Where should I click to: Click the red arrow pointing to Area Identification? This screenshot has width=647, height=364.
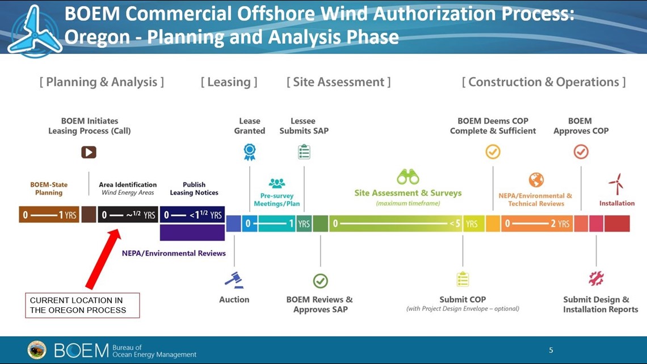point(103,259)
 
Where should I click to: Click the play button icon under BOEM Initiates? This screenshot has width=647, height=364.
point(89,152)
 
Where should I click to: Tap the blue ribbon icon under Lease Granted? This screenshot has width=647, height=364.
point(250,152)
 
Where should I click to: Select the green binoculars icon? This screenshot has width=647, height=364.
point(408,177)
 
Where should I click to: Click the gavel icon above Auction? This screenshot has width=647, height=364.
point(234,280)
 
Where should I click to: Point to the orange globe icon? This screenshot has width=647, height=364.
point(536,180)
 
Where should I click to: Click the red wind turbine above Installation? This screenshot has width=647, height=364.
point(616,183)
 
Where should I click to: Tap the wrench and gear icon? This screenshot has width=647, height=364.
point(596,279)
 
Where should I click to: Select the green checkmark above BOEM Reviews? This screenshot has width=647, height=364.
point(320,281)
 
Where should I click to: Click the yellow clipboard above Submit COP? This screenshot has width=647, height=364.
point(463,279)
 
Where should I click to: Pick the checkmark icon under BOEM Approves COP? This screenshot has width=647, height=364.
point(581,152)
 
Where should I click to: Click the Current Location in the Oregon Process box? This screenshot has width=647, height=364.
point(82,306)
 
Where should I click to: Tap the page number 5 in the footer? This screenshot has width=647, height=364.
point(551,350)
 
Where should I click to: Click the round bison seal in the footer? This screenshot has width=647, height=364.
point(37,350)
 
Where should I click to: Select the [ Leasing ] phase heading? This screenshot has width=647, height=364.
point(229,82)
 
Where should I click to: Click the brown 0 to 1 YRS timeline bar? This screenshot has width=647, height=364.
point(49,215)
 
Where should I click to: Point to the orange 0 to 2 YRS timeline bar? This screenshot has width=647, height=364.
point(537,224)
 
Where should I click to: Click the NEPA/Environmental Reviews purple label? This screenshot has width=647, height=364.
point(174,253)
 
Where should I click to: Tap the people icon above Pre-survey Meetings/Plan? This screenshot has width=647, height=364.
point(276,183)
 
